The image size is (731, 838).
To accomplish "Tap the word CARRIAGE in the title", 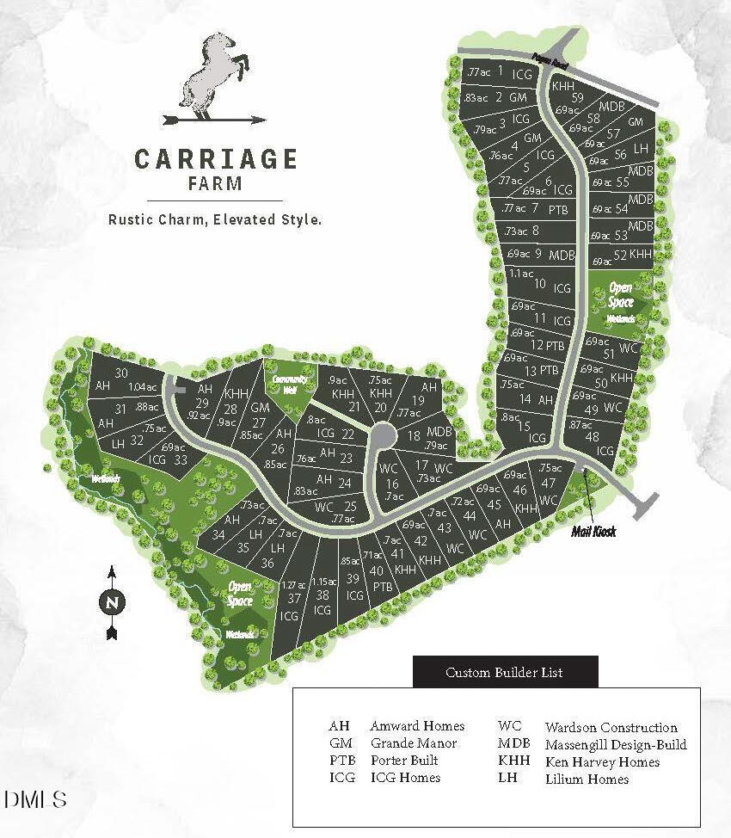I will click(x=216, y=159).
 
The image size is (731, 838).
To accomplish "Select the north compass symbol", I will click(x=111, y=602).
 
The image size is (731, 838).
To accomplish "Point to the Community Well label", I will click(x=290, y=384).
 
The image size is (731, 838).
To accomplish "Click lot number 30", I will click(x=121, y=373).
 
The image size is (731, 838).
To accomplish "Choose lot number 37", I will click(x=294, y=598).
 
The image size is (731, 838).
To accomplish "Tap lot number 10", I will click(x=540, y=284).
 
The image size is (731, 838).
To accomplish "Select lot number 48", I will click(x=593, y=436).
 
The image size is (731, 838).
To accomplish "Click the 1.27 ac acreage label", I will click(x=294, y=585).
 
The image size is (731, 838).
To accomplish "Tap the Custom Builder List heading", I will click(x=504, y=672).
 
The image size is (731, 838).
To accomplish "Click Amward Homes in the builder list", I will click(x=417, y=726).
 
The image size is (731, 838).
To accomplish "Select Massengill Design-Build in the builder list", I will click(x=616, y=744).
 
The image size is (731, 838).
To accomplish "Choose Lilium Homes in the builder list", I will click(x=587, y=779).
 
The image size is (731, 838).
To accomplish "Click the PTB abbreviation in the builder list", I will click(x=341, y=761).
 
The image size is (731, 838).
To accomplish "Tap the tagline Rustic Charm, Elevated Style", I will click(x=214, y=219).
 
